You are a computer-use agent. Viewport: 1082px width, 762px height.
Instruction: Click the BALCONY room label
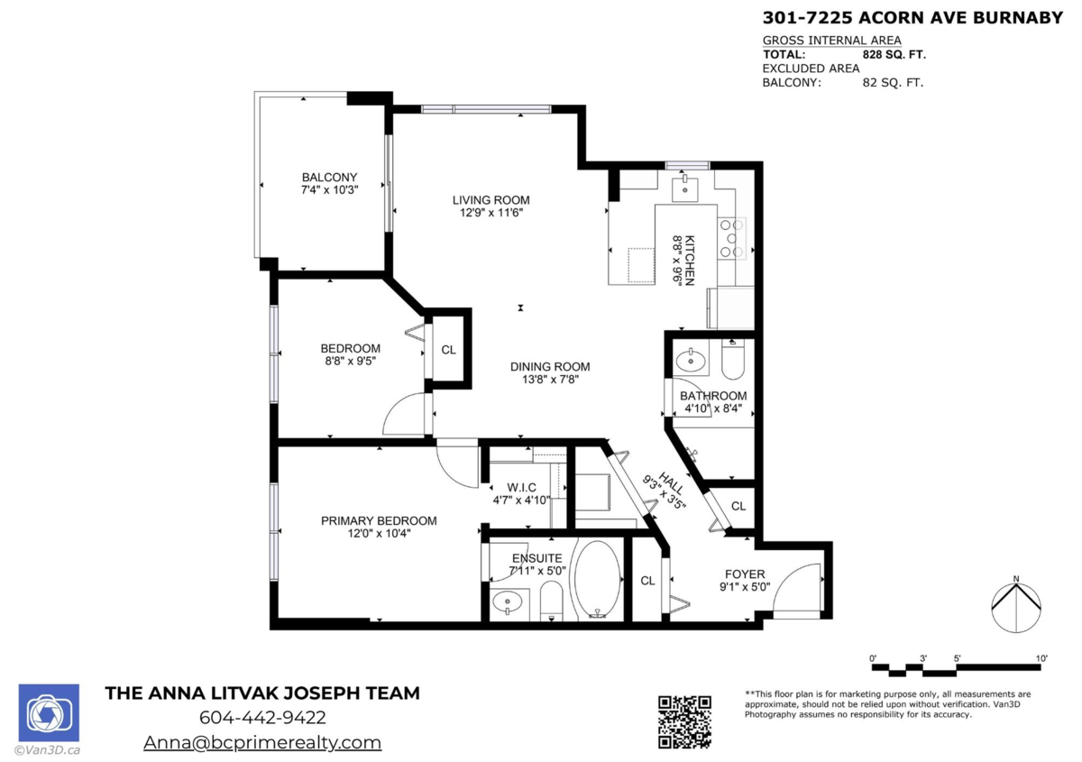tap(329, 178)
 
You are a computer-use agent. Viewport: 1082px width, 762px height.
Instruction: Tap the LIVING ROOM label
tap(491, 200)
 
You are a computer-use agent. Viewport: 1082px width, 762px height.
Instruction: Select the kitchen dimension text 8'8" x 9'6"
tap(678, 261)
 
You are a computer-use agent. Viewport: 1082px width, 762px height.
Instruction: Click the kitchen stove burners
tap(731, 238)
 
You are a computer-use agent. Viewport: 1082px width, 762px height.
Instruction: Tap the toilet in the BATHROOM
tap(733, 359)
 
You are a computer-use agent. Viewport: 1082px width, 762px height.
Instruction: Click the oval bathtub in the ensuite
tap(598, 579)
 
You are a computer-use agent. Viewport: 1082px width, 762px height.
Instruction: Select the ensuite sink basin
tap(507, 602)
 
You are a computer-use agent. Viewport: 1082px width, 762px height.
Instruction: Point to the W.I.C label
tap(521, 487)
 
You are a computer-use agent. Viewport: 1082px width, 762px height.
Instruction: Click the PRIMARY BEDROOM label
tap(379, 521)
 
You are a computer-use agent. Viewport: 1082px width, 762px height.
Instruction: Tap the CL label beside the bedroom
tap(448, 350)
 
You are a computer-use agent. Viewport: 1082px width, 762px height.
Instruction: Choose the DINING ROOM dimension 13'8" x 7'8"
tap(550, 380)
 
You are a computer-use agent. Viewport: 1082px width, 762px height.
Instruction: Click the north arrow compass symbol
tap(1016, 605)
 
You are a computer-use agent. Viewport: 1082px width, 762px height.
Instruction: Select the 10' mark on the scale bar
tap(1041, 658)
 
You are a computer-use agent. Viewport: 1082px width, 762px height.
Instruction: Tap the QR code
tap(684, 722)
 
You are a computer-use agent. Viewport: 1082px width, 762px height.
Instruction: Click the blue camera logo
tap(49, 712)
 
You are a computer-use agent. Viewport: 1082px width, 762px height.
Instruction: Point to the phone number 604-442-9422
tap(262, 718)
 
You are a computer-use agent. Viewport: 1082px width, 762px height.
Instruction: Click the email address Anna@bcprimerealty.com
tap(262, 742)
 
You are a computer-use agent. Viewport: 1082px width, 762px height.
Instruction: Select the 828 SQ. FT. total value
tap(894, 55)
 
